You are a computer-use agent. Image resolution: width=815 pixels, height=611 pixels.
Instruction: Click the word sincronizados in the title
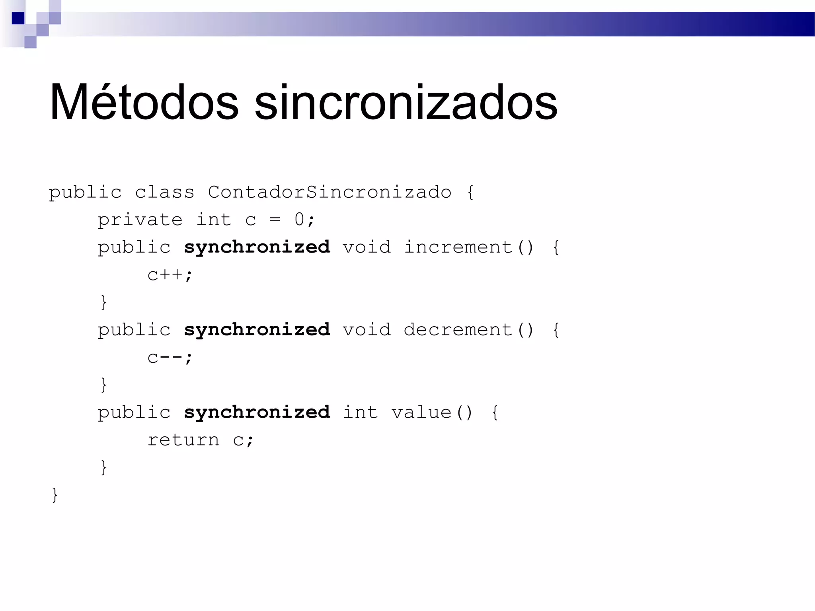point(406,103)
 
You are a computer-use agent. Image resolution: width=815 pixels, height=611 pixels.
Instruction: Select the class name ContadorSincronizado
point(330,193)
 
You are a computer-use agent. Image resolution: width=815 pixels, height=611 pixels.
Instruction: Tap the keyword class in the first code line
point(164,193)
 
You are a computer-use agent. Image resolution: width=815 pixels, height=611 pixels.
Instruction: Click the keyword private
point(140,220)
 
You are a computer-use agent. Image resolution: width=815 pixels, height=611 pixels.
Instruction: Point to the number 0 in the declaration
point(299,220)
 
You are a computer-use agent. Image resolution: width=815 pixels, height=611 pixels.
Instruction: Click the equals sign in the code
point(275,220)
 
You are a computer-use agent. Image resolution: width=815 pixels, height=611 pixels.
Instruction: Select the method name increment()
point(468,247)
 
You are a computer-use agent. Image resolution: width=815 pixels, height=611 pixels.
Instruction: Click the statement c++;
point(170,275)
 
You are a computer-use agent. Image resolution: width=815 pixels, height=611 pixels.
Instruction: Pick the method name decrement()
point(468,330)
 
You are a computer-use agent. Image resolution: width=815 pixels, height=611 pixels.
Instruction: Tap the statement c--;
point(170,357)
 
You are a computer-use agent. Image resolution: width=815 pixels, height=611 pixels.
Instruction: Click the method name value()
point(432,413)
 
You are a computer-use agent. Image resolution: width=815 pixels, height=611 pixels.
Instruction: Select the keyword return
point(183,440)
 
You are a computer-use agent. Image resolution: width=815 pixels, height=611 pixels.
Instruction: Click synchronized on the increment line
point(257,247)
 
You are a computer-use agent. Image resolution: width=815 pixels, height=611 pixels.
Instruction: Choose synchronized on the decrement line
point(257,330)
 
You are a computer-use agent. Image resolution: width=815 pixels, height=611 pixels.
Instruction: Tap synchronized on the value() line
point(257,413)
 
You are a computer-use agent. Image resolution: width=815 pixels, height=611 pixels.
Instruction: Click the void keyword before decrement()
point(367,330)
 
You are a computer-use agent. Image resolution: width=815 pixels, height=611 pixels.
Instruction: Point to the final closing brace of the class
point(55,495)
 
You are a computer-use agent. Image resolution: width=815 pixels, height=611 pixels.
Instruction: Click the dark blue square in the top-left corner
point(18,18)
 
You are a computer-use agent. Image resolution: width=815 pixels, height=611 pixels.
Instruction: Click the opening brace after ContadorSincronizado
point(470,193)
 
